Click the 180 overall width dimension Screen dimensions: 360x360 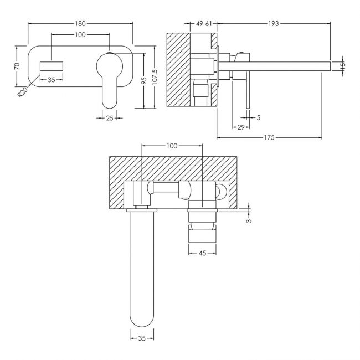tap(80, 23)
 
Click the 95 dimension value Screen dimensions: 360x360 tap(143, 80)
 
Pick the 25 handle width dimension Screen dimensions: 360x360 tap(109, 117)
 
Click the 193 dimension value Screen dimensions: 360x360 tap(272, 23)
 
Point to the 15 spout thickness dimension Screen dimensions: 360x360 tap(342, 65)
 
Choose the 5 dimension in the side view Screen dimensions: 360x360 tap(258, 117)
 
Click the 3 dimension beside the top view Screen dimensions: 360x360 tap(249, 220)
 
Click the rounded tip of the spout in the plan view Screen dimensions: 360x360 tap(142, 321)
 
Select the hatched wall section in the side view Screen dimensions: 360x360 tap(178, 69)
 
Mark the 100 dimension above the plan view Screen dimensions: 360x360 tap(172, 146)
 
